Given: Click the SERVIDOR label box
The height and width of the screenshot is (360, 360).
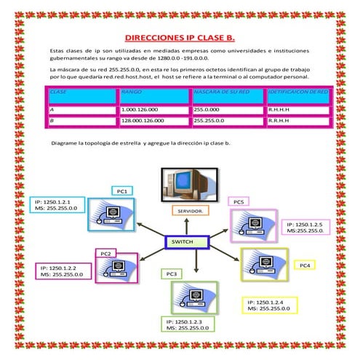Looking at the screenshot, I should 191,211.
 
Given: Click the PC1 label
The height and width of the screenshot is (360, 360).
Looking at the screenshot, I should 122,191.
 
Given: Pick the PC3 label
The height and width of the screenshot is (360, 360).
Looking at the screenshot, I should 172,273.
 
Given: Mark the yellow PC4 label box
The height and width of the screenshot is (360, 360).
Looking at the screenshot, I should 305,266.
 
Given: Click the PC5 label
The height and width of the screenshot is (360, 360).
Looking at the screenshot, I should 238,201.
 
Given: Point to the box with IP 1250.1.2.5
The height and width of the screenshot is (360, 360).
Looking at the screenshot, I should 305,228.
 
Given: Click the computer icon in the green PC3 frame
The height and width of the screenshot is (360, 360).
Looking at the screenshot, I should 195,297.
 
